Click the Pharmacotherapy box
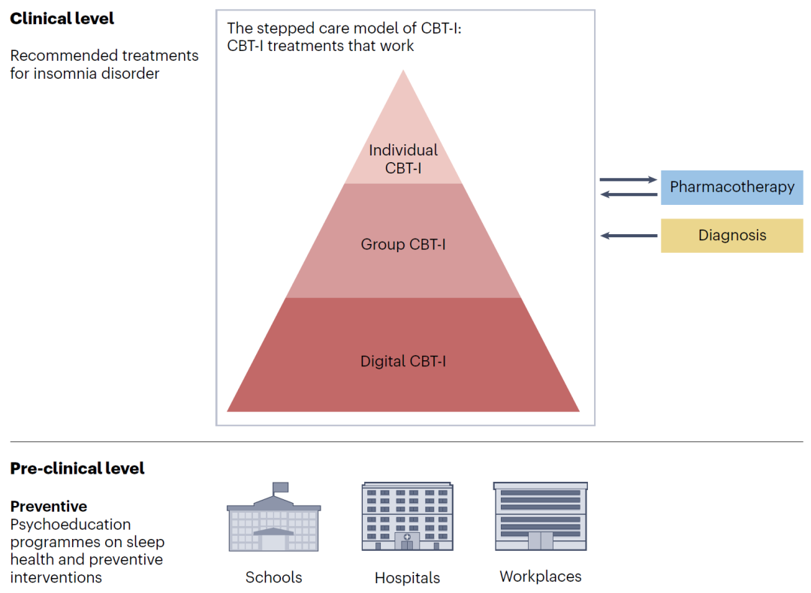click(x=731, y=187)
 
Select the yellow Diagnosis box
click(x=731, y=235)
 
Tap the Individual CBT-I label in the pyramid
click(x=403, y=159)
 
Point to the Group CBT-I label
click(x=403, y=244)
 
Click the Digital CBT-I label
click(x=403, y=361)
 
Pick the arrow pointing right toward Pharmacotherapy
click(x=628, y=180)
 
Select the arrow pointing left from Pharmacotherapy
click(x=628, y=194)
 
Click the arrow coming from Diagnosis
click(x=629, y=236)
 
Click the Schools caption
click(x=273, y=577)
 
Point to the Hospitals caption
click(x=407, y=578)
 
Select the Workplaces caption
click(x=540, y=576)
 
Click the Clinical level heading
click(x=62, y=19)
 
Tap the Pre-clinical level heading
click(x=77, y=468)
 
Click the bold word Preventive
click(x=49, y=506)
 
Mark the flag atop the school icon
click(x=280, y=487)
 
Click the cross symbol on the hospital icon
click(x=407, y=537)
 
